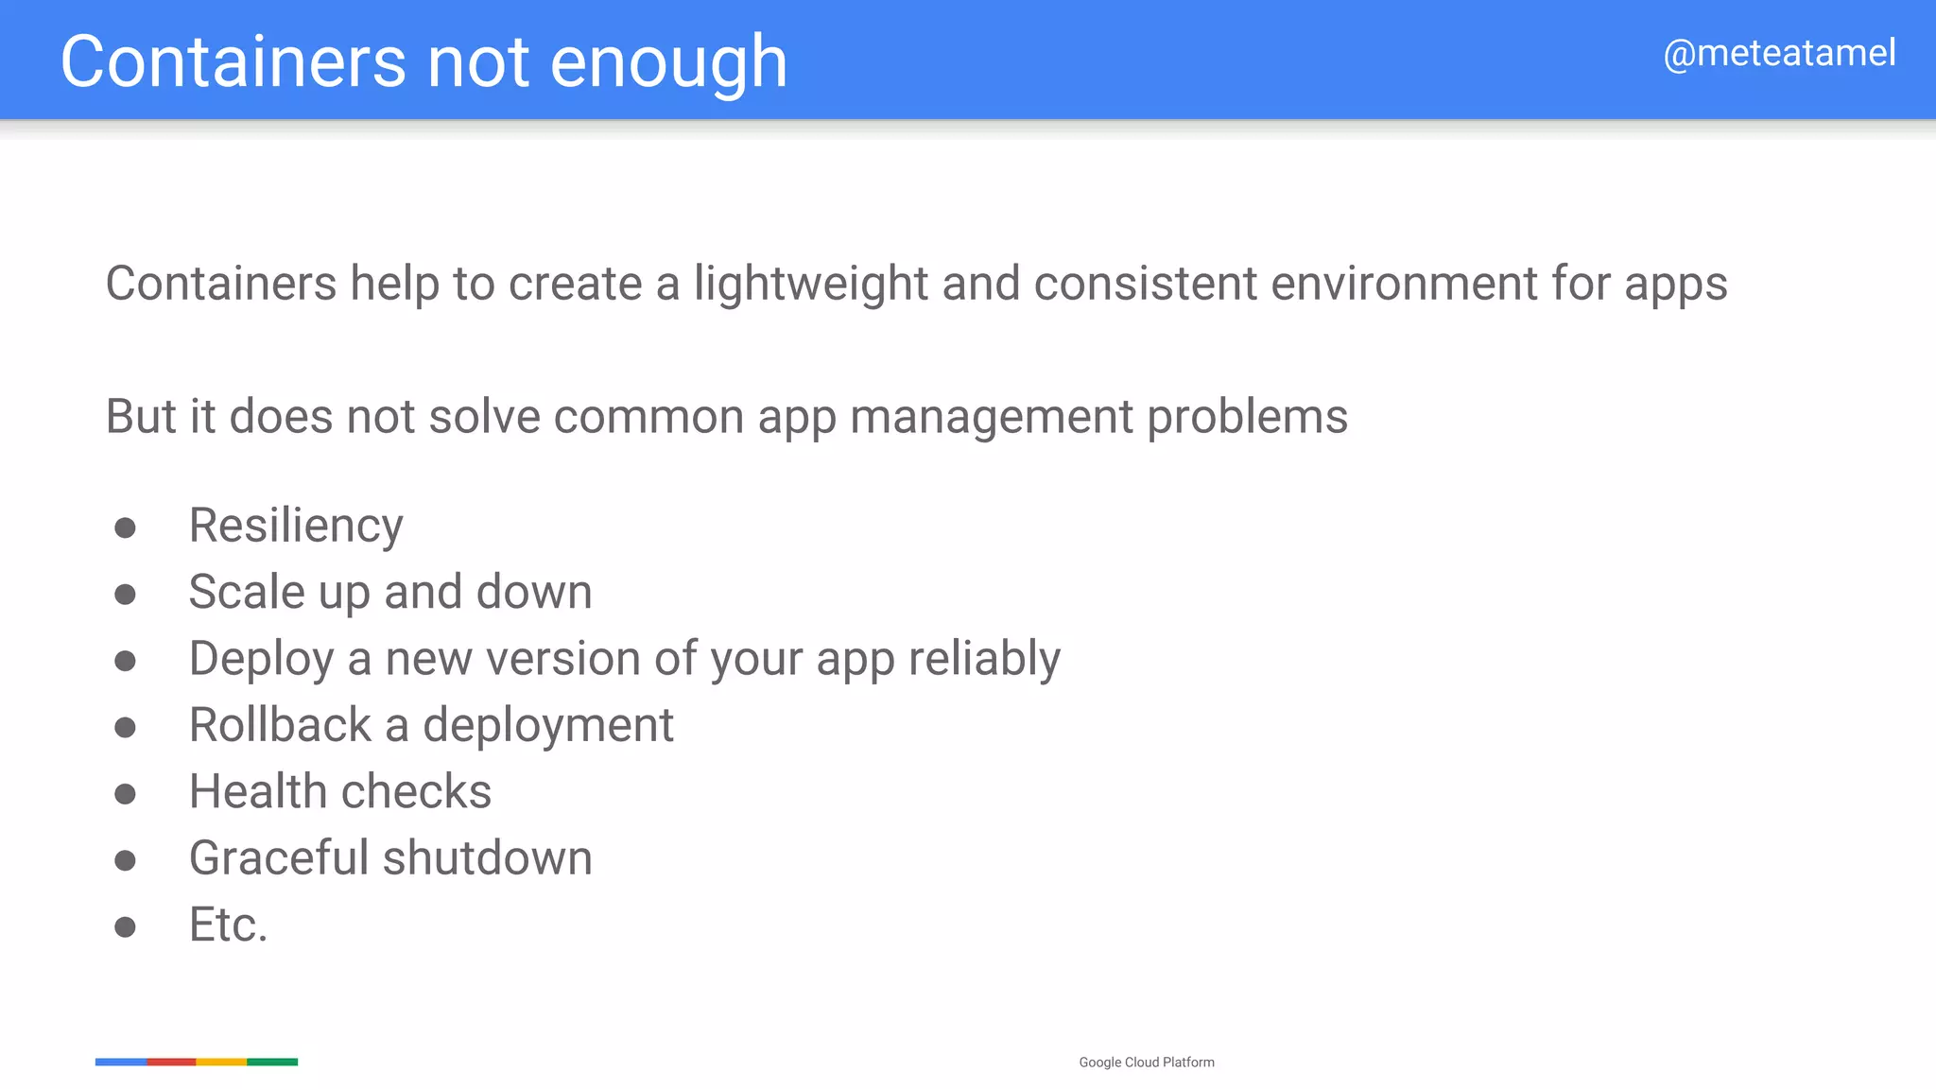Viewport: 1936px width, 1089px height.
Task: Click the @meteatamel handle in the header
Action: click(x=1779, y=53)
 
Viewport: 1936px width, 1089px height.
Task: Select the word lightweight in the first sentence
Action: click(x=811, y=285)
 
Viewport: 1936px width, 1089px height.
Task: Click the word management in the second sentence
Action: click(x=991, y=417)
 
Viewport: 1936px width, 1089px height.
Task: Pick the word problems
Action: click(x=1247, y=417)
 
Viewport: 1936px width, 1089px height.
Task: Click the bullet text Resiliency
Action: click(x=296, y=526)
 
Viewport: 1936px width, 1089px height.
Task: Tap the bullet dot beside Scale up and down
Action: click(x=125, y=594)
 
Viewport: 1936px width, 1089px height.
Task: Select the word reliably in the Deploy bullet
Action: click(x=984, y=659)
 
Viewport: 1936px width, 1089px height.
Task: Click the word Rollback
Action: click(x=280, y=725)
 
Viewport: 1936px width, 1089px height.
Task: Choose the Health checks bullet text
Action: click(x=340, y=791)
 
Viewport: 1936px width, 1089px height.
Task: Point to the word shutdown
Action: click(x=487, y=858)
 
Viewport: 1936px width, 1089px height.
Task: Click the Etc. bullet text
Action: click(x=228, y=925)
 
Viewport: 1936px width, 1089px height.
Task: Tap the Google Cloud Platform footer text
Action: click(x=1147, y=1063)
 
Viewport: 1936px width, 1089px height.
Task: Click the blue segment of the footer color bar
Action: click(x=121, y=1062)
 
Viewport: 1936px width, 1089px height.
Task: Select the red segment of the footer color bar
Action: click(x=171, y=1062)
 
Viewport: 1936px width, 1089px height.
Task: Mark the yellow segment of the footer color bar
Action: click(x=221, y=1062)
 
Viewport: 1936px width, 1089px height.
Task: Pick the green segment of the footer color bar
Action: click(x=272, y=1062)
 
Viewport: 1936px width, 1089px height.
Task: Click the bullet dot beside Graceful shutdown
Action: click(x=125, y=860)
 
